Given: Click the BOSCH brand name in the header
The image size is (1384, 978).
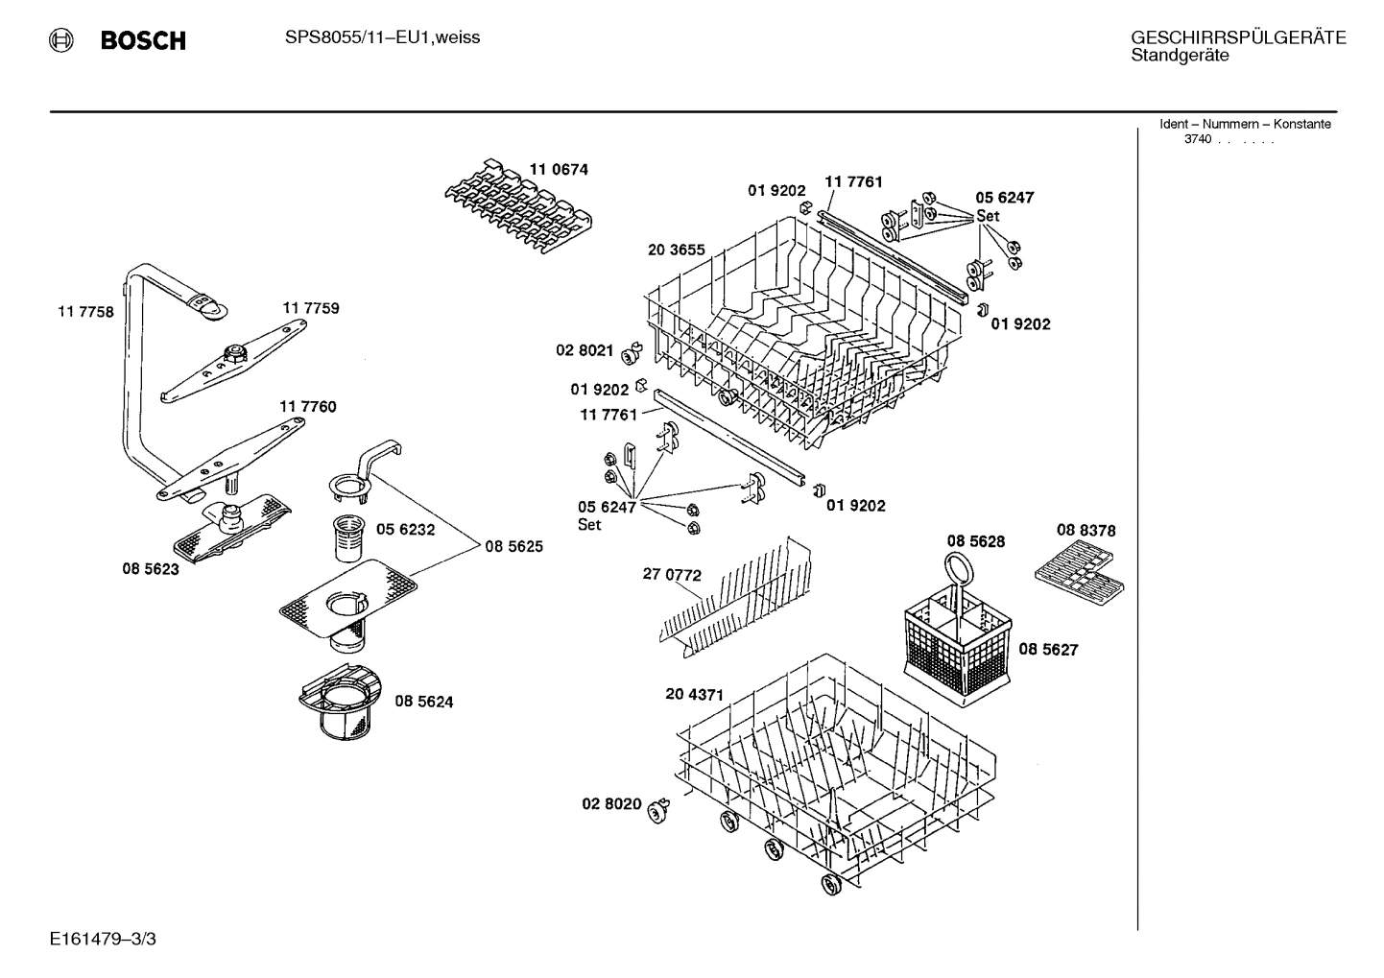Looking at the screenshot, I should [x=142, y=40].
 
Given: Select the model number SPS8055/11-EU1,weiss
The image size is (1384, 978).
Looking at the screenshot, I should [x=382, y=37].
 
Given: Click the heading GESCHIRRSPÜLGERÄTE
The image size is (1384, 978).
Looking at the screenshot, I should [x=1237, y=37].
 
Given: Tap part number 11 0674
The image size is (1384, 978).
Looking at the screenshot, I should [x=559, y=170].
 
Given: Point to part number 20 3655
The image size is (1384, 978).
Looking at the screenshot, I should [x=676, y=250].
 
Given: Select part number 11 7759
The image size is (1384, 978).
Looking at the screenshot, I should [x=310, y=308].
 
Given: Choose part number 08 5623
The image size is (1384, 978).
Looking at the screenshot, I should [x=150, y=569].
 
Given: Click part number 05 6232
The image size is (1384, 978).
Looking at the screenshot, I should [x=405, y=529].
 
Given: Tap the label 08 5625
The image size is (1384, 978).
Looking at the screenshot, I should [x=513, y=546].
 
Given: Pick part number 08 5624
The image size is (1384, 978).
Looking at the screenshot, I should [x=423, y=702].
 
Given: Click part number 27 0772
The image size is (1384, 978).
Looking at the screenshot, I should [x=672, y=576].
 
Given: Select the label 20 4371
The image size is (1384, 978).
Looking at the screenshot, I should [x=694, y=694].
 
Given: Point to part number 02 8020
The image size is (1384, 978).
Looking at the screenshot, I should [x=611, y=803].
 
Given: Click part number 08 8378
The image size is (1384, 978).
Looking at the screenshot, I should [x=1086, y=530].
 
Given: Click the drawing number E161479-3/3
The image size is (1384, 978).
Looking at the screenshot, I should [x=103, y=938].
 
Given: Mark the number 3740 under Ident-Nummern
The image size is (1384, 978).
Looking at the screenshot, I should [x=1197, y=139].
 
